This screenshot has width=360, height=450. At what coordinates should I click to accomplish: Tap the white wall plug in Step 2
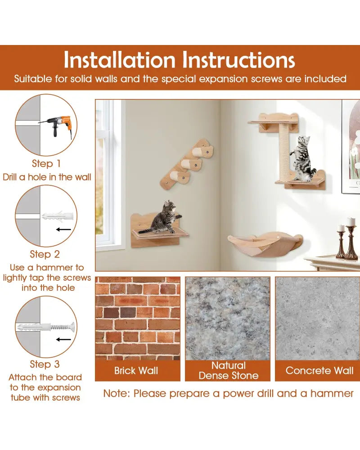pos(58,216)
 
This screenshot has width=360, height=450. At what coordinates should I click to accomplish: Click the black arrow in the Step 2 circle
pos(64,229)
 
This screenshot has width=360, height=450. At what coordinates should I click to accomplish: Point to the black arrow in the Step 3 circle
pos(64,339)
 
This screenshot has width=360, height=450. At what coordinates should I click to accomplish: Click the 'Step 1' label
pos(46,164)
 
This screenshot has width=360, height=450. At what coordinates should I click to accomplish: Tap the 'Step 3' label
pos(45,364)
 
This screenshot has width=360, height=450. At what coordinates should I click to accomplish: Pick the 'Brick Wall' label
pos(136,370)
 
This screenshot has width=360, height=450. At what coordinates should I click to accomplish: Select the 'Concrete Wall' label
pos(319,370)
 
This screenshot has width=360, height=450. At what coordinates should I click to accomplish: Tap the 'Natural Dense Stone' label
pos(229,370)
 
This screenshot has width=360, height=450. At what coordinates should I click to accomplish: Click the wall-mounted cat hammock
pos(265,244)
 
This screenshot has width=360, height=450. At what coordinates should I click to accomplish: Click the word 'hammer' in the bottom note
pos(332,393)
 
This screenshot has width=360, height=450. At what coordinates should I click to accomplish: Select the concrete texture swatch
pos(318,319)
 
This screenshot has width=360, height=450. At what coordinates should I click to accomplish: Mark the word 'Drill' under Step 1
pos(10,177)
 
